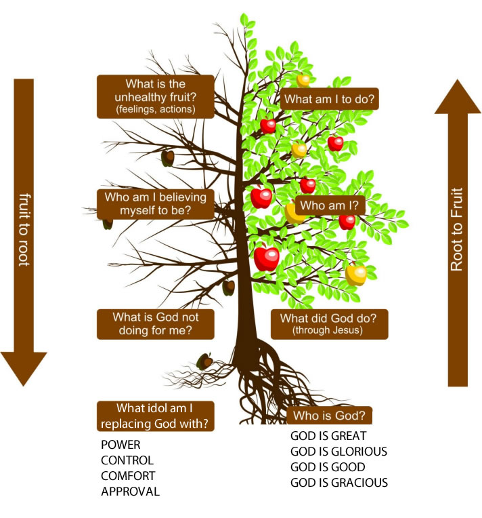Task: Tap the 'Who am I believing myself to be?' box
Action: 155,203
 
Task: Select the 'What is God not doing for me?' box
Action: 155,323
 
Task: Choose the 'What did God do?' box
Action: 330,323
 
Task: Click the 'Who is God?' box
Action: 329,416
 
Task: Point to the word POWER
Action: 121,445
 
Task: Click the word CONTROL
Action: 127,461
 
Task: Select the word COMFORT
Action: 128,476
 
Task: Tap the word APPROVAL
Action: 130,492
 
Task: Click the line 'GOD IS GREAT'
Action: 328,436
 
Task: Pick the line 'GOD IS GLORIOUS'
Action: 338,452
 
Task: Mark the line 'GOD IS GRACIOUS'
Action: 338,483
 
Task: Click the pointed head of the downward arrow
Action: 24,369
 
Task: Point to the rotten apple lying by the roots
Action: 204,360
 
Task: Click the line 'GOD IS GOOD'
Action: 328,467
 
